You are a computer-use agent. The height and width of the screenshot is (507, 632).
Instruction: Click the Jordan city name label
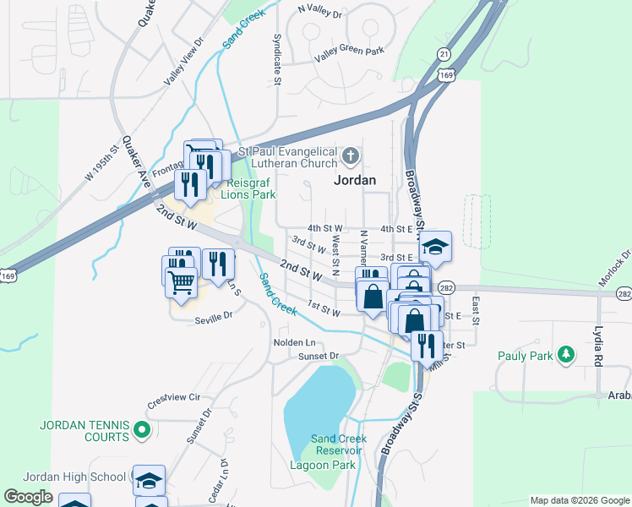pos(356,180)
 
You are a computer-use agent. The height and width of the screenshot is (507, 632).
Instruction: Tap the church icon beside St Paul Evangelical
pos(351,156)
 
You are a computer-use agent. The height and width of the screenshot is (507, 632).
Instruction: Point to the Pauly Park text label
pos(525,357)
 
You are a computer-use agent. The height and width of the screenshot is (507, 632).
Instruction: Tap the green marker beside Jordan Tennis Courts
pos(142,431)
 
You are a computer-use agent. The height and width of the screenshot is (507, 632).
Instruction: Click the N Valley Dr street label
pos(320,15)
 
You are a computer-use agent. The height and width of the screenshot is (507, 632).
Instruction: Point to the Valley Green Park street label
pos(349,52)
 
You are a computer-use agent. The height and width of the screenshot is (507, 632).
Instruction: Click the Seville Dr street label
pos(213,318)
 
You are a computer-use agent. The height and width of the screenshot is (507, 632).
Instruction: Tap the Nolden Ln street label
pos(294,342)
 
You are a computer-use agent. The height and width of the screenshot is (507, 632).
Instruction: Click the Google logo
pos(28,497)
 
